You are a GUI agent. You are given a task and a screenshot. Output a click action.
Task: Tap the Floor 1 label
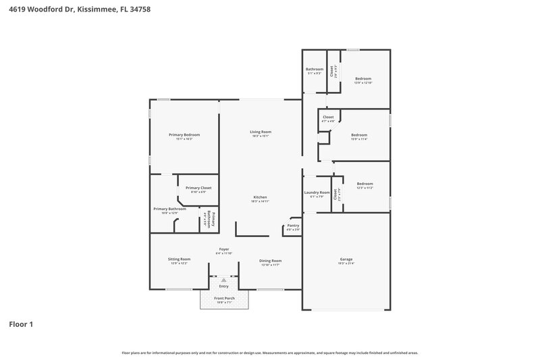click(x=21, y=324)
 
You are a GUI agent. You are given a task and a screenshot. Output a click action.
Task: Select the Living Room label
click(x=261, y=132)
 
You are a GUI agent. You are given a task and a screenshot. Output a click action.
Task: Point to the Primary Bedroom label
click(x=184, y=135)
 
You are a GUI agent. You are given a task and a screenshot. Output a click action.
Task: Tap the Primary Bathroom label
click(x=169, y=209)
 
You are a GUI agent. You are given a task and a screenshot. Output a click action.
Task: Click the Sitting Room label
click(x=179, y=259)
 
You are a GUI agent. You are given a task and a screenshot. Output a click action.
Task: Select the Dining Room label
click(x=271, y=261)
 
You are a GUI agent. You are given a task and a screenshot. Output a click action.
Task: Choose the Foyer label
click(x=223, y=249)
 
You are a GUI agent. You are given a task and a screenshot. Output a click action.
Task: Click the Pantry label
click(x=293, y=226)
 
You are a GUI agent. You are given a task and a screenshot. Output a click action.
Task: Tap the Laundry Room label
click(x=317, y=193)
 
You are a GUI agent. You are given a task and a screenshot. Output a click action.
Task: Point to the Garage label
click(x=346, y=259)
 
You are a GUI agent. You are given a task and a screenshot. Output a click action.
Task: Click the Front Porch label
click(x=223, y=298)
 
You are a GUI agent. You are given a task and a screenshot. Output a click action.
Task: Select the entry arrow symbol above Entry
click(x=223, y=279)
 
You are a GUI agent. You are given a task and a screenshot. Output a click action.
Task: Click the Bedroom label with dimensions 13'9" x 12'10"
click(x=363, y=79)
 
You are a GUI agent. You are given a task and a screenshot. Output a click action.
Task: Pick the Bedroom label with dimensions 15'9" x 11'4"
click(x=359, y=135)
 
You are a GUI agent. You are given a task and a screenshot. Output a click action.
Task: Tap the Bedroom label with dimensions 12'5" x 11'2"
click(x=364, y=184)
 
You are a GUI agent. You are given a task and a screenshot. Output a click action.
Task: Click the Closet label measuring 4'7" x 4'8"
click(x=328, y=118)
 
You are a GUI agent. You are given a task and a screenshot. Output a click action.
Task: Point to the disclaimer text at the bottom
click(x=270, y=353)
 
